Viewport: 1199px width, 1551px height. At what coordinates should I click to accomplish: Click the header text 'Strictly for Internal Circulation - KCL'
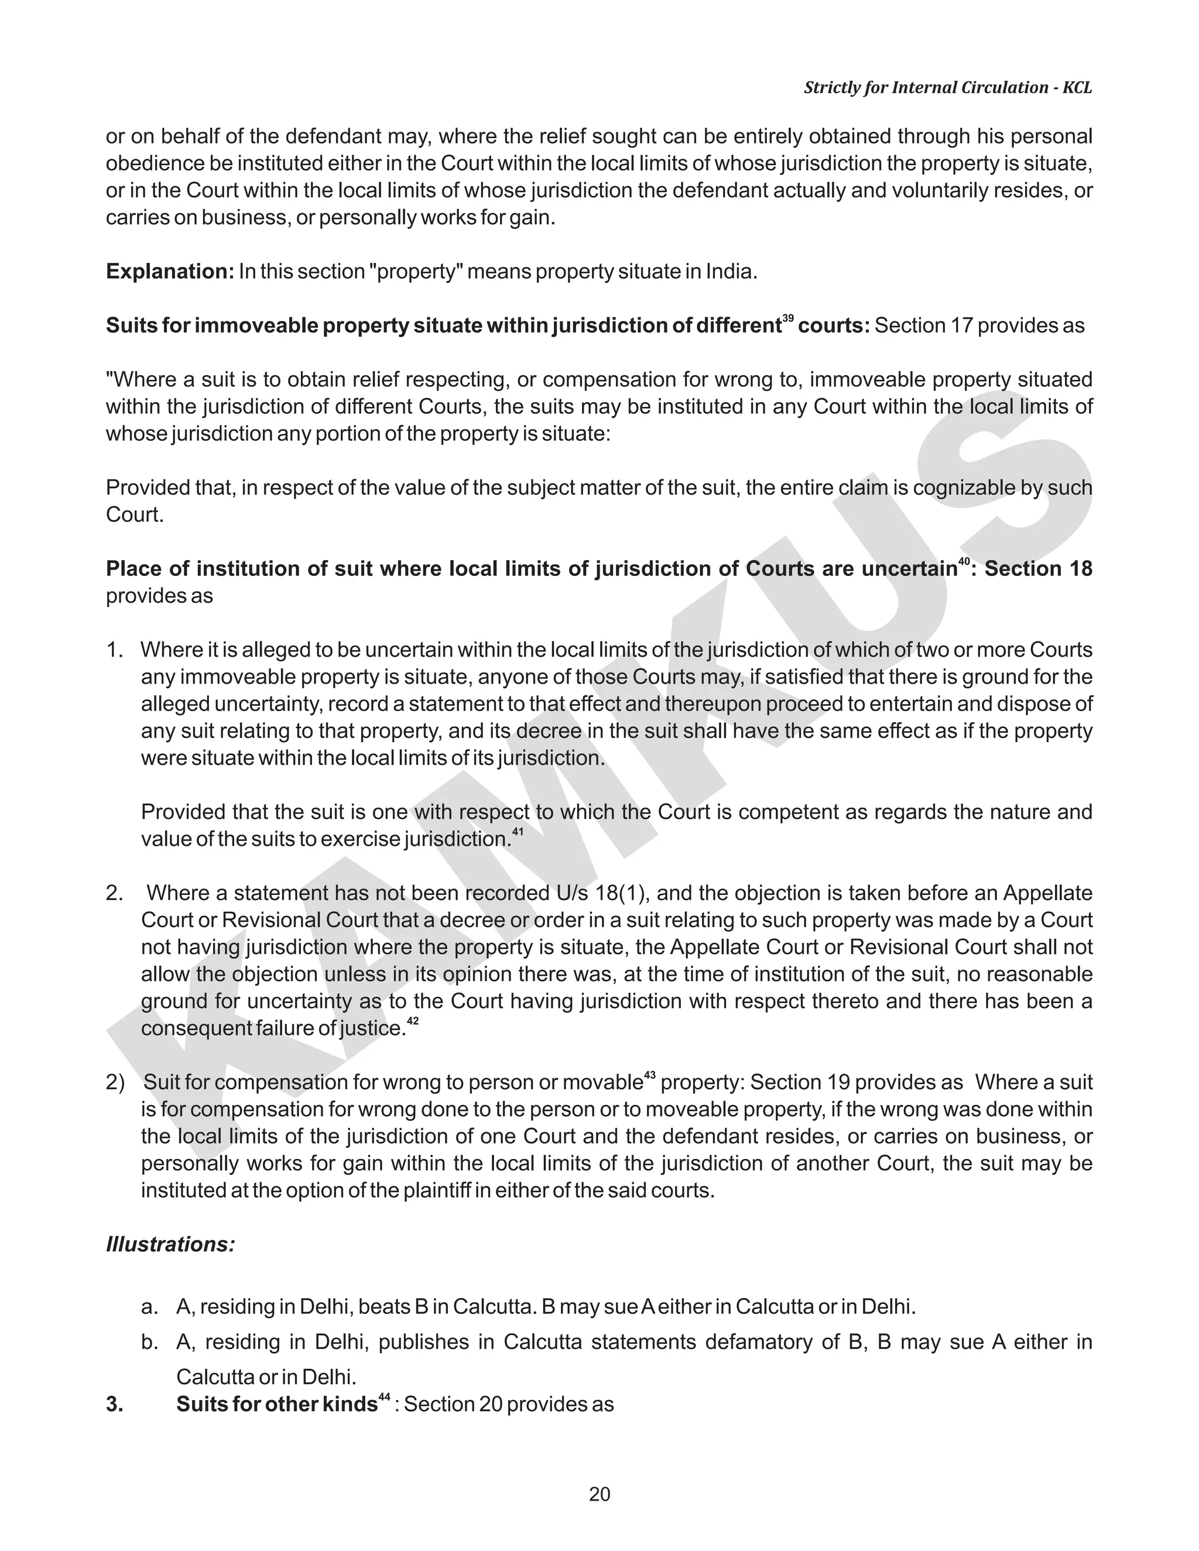(948, 87)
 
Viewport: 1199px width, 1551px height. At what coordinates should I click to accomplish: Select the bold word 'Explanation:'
(170, 272)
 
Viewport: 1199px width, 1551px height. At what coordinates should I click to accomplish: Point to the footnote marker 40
(963, 562)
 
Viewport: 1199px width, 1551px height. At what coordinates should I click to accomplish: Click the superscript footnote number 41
(517, 832)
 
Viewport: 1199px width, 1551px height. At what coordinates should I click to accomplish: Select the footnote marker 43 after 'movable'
(649, 1075)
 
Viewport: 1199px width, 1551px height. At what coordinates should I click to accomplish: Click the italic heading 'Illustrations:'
(170, 1244)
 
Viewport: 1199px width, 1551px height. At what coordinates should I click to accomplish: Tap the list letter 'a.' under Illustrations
(149, 1307)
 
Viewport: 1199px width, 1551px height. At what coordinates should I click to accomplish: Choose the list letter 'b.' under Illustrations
(149, 1342)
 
